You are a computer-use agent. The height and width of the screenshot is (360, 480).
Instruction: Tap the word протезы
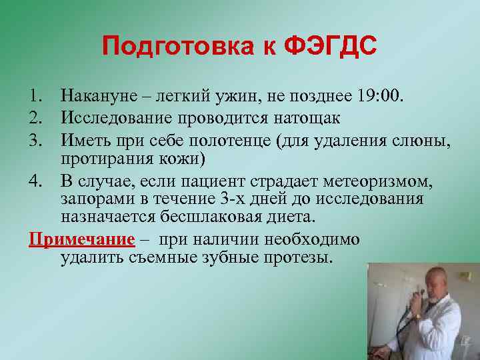coord(295,257)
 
